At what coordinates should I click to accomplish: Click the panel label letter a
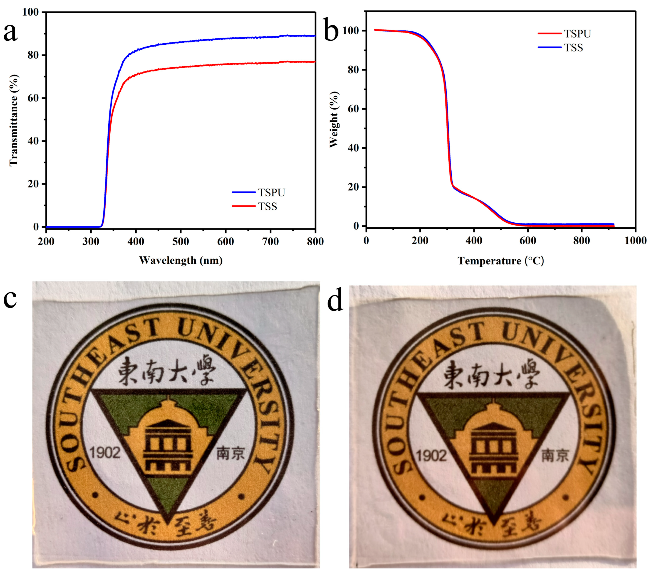[x=10, y=32]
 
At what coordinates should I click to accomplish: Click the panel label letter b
[x=331, y=32]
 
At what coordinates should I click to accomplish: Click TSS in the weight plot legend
[x=573, y=48]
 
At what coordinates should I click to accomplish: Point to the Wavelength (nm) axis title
[x=181, y=260]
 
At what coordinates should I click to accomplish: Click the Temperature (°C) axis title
[x=501, y=261]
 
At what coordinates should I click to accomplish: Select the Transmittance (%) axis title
[x=13, y=120]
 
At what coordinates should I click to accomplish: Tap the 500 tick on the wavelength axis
[x=181, y=242]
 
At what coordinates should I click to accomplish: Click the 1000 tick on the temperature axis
[x=635, y=241]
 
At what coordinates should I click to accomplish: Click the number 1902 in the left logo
[x=105, y=452]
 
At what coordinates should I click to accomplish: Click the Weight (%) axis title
[x=334, y=120]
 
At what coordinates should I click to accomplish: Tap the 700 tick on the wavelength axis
[x=270, y=242]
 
